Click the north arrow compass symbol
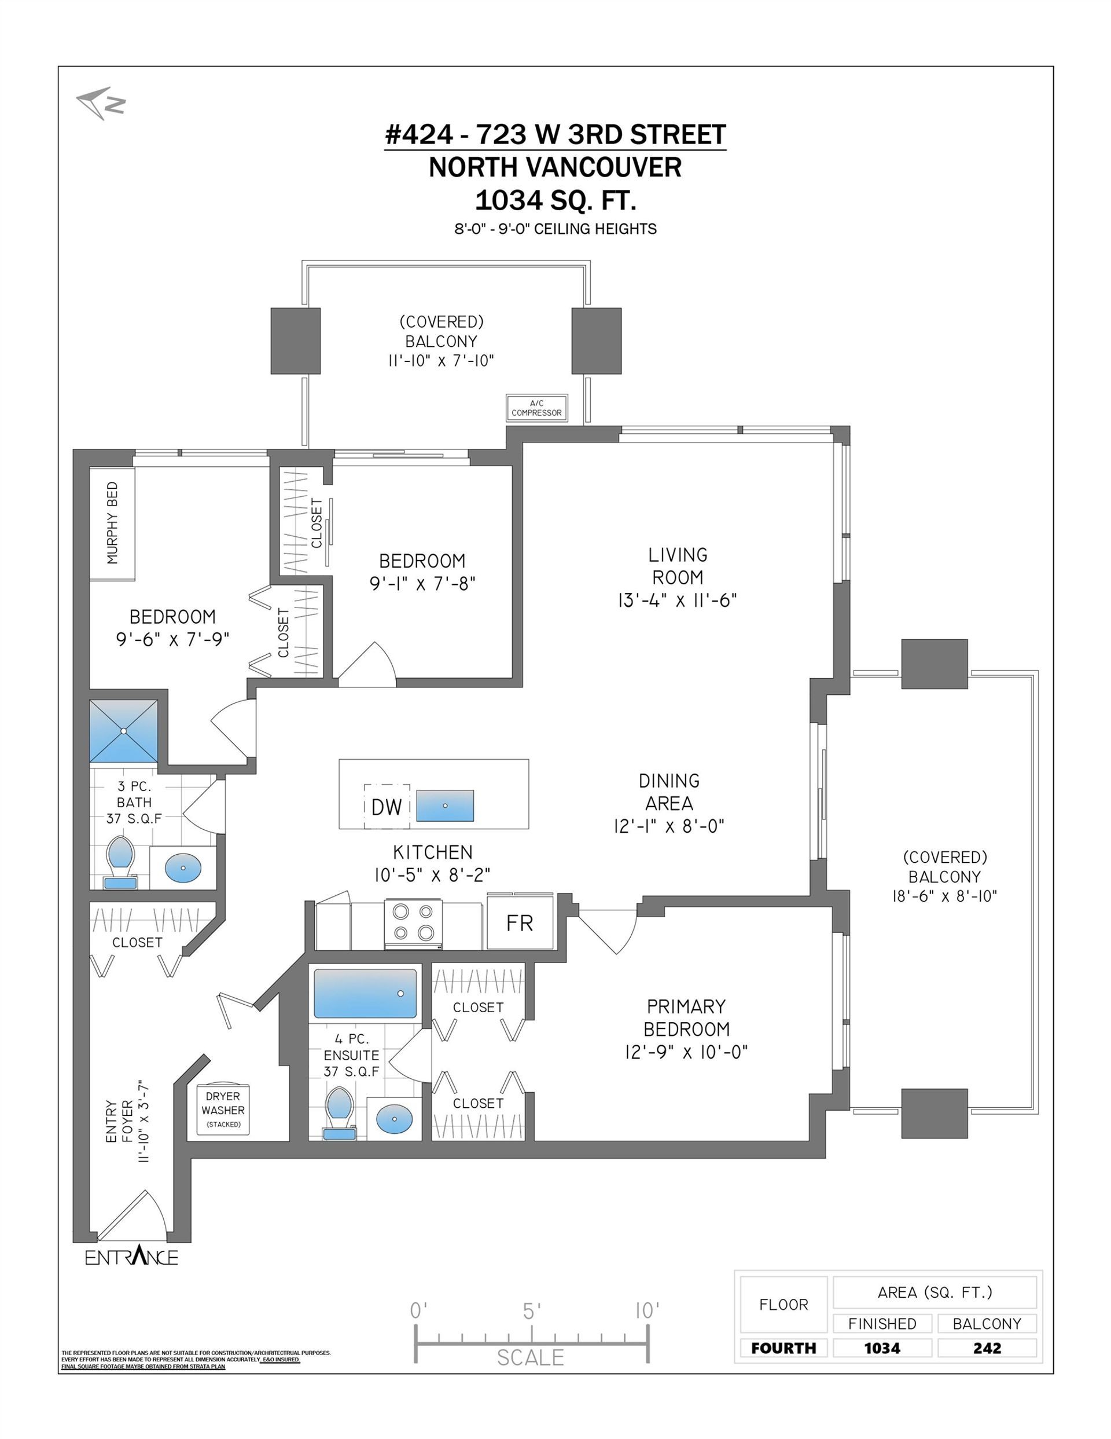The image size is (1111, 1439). click(x=100, y=104)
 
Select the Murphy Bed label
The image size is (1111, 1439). click(x=113, y=523)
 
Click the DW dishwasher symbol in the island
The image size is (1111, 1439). click(x=387, y=807)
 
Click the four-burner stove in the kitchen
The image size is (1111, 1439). click(x=413, y=924)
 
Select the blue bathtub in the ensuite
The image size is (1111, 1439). click(x=366, y=994)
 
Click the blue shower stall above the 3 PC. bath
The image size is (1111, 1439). click(x=124, y=731)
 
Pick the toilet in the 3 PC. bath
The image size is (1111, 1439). click(x=120, y=862)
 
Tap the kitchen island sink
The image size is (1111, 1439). click(x=445, y=805)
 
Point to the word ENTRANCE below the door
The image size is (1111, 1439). click(x=132, y=1257)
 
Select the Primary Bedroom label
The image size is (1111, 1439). click(x=686, y=1018)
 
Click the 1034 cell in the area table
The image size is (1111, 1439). click(x=882, y=1348)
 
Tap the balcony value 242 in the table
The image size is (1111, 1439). click(x=987, y=1348)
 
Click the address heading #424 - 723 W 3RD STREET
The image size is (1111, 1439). click(x=555, y=134)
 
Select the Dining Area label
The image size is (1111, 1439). click(x=669, y=792)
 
